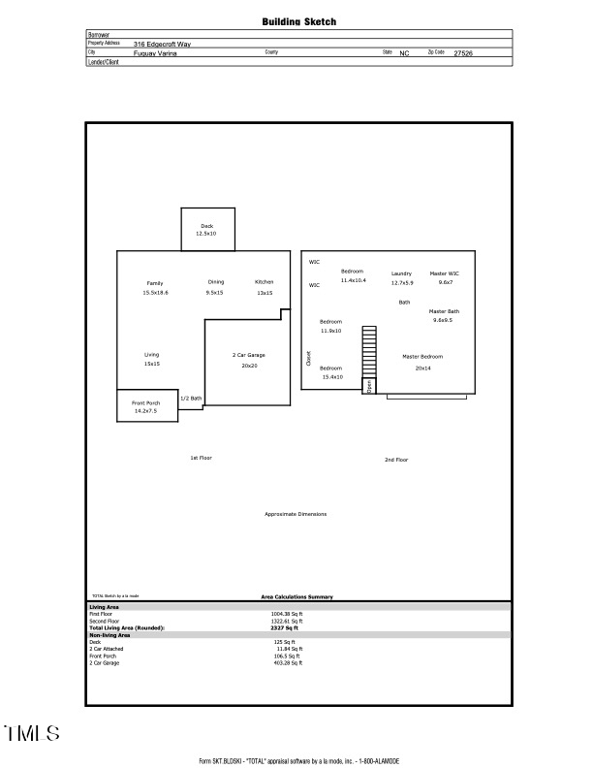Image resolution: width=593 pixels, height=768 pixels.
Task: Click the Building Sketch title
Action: point(299,21)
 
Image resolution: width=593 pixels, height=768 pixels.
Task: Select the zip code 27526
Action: point(463,53)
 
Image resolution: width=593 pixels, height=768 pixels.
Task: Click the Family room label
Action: point(155,282)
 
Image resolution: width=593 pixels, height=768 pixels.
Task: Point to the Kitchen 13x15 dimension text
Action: point(265,292)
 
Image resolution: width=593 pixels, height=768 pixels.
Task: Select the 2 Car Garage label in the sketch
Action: point(249,355)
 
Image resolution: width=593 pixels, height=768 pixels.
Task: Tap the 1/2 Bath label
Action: point(191,399)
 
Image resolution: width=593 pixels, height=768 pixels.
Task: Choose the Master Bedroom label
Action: point(422,357)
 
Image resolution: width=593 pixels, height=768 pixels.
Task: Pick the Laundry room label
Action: point(401,273)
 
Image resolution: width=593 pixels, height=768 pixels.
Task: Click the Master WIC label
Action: point(445,273)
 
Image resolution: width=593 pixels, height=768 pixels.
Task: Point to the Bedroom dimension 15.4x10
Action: point(331,376)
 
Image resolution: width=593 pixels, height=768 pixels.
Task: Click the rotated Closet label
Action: point(309,358)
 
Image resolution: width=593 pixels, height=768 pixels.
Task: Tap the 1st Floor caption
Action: point(201,458)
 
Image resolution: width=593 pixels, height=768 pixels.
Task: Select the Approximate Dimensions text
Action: point(296,514)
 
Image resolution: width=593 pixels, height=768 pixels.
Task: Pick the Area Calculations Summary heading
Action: point(296,597)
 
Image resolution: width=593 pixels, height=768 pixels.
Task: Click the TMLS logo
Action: point(32,732)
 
